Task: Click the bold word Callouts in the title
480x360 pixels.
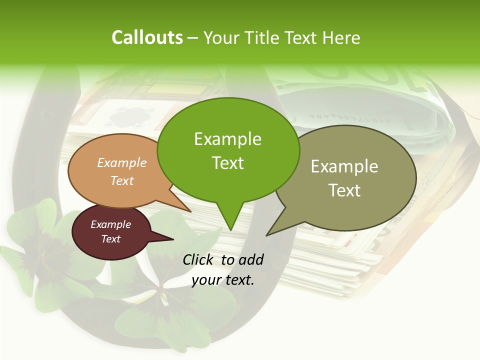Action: click(147, 37)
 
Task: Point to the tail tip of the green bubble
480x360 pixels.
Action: click(230, 228)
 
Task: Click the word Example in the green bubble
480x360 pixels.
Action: click(227, 139)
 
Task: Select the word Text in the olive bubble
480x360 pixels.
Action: click(344, 190)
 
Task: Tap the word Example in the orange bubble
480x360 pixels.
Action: click(122, 163)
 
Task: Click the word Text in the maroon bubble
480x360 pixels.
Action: click(111, 239)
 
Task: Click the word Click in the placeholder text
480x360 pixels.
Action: click(199, 259)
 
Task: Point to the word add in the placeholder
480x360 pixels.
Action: click(250, 259)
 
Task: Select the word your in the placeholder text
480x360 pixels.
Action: click(205, 280)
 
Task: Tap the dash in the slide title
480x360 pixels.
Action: click(193, 38)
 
